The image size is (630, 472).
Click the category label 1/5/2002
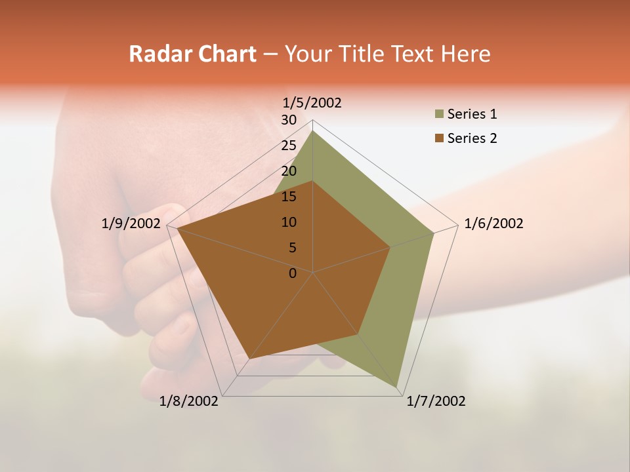pos(312,103)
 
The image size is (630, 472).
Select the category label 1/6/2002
pos(493,224)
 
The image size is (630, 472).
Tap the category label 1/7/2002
pos(436,401)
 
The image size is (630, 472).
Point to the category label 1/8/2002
pos(189,401)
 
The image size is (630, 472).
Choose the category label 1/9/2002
pos(131,224)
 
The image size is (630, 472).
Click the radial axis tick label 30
pos(289,120)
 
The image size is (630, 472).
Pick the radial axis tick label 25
pos(289,146)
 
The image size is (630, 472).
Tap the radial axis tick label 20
pos(289,171)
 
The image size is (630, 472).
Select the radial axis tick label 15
pos(289,197)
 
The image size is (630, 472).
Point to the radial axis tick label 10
pos(289,222)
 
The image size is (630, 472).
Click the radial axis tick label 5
pos(292,248)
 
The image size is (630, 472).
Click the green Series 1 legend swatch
pos(439,114)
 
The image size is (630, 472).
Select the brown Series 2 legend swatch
pos(439,138)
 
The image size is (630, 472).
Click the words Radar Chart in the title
pos(192,54)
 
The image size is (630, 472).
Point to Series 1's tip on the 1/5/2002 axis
pos(313,130)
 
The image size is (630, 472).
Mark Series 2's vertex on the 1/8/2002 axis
pos(250,359)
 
